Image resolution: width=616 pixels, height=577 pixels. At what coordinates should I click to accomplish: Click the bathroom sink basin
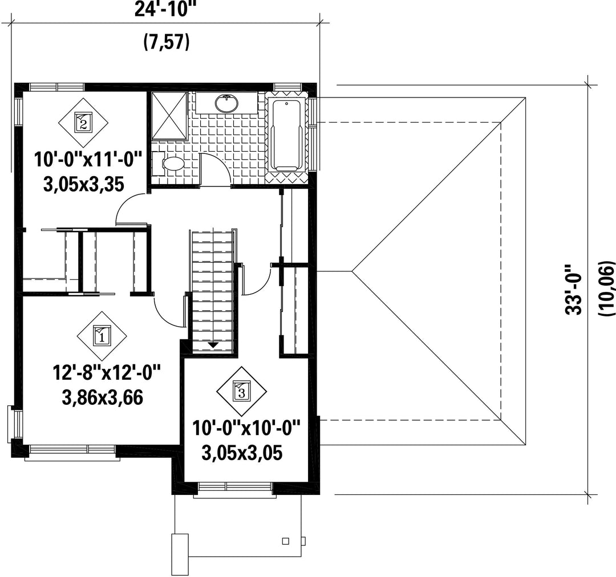(x=226, y=104)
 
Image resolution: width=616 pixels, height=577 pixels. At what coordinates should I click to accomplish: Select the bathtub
(x=287, y=136)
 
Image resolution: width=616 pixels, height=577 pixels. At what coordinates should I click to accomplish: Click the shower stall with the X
(x=169, y=116)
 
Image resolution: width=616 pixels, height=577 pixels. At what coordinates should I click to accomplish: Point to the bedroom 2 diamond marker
(x=83, y=123)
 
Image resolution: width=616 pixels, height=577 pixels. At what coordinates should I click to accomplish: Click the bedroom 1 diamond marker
(x=102, y=336)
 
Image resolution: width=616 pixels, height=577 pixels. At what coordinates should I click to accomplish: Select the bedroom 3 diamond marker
(x=242, y=391)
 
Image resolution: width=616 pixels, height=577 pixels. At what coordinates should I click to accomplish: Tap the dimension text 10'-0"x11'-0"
(x=87, y=160)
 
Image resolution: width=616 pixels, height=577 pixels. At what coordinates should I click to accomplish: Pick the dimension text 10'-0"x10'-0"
(x=246, y=428)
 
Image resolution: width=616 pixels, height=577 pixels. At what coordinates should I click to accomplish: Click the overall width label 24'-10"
(x=165, y=10)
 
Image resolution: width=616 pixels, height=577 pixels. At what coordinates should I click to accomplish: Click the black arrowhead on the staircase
(x=213, y=345)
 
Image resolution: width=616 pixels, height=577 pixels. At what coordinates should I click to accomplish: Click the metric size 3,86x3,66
(x=102, y=398)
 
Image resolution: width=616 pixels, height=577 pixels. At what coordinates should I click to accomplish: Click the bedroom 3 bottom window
(x=234, y=489)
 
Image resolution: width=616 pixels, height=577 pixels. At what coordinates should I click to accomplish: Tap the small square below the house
(x=286, y=541)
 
